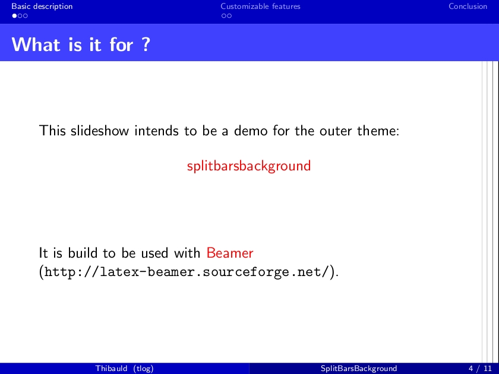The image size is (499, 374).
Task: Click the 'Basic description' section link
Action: [42, 7]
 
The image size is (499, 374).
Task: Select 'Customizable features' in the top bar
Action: [260, 7]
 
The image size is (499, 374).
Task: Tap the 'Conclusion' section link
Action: [468, 7]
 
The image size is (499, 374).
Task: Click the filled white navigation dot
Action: [14, 15]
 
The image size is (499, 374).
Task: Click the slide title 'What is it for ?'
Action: [81, 44]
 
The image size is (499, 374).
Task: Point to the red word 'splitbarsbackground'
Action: [249, 166]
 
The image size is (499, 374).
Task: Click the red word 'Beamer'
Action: [230, 253]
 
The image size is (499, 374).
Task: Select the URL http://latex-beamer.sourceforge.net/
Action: [186, 272]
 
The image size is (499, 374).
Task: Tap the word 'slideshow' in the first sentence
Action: [100, 131]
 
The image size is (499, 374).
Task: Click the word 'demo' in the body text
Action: [251, 131]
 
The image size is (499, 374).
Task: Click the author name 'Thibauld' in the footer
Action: [112, 368]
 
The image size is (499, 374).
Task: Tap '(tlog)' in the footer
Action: [144, 369]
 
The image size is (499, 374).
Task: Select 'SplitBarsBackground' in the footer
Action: [359, 369]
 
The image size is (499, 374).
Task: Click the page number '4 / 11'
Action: [480, 369]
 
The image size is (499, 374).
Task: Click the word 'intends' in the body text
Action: [156, 131]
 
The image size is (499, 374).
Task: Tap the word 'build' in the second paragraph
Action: [83, 253]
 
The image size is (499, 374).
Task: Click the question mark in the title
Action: [146, 44]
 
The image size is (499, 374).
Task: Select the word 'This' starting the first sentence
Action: [52, 131]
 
